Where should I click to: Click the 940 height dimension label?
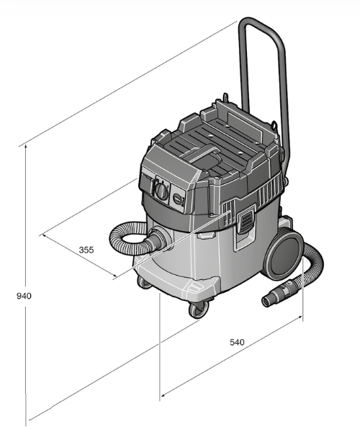click(24, 296)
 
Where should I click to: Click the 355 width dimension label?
click(86, 250)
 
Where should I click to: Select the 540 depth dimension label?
click(237, 342)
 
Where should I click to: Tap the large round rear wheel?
click(284, 256)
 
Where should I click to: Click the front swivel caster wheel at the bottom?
click(199, 310)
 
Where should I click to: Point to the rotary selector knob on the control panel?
click(161, 190)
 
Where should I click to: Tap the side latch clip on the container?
click(246, 220)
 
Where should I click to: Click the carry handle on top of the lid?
click(202, 154)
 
